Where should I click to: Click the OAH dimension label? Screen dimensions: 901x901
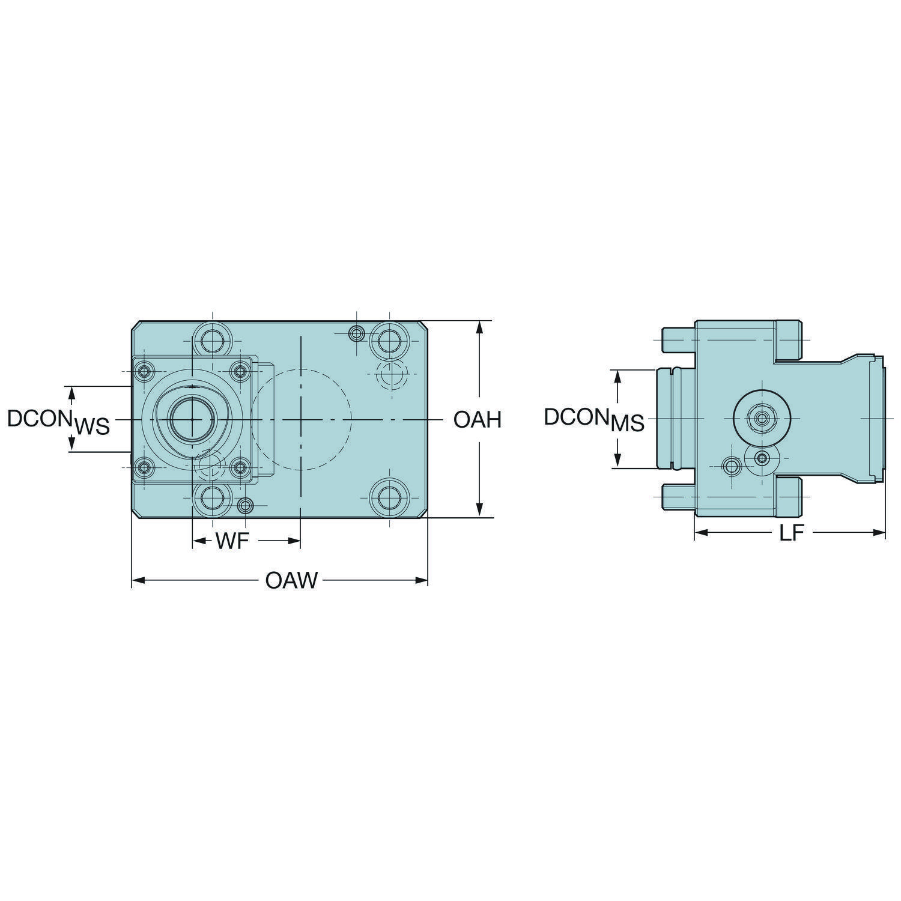(477, 419)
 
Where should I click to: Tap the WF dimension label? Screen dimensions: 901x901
(232, 542)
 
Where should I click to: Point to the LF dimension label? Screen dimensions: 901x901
(791, 533)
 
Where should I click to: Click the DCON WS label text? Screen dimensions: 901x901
(59, 422)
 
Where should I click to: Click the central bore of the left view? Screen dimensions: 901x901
(190, 419)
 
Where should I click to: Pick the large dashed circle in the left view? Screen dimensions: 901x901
(300, 419)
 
